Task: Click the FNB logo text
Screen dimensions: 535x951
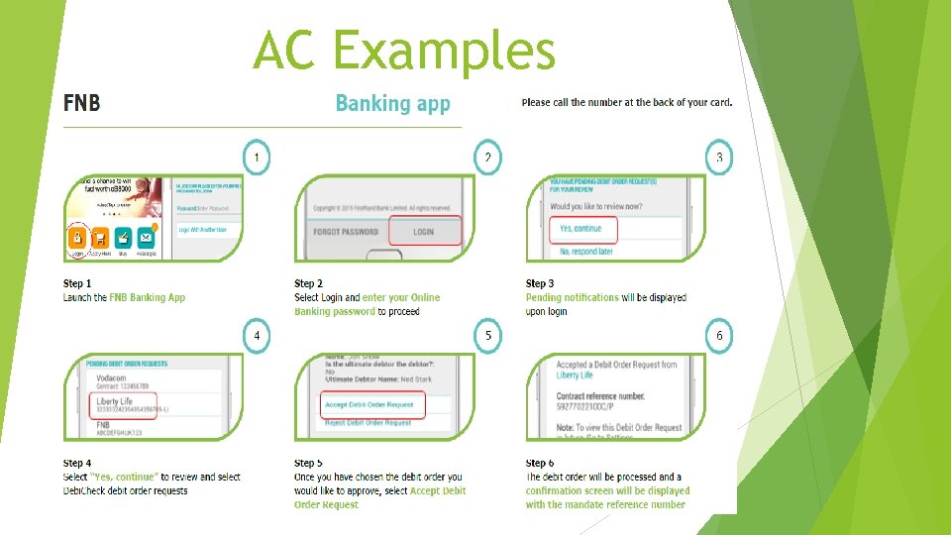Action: pyautogui.click(x=81, y=103)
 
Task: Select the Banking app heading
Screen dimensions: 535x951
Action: pyautogui.click(x=392, y=103)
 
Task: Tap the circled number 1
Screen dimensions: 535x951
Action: pyautogui.click(x=257, y=157)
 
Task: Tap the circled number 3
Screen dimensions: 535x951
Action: pyautogui.click(x=719, y=157)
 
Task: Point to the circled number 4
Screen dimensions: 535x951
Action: pyautogui.click(x=257, y=336)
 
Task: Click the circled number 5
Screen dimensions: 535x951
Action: pyautogui.click(x=487, y=336)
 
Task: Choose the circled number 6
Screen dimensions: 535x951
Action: pyautogui.click(x=719, y=336)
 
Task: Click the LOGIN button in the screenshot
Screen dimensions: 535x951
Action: pyautogui.click(x=424, y=232)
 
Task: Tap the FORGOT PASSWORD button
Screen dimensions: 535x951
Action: pyautogui.click(x=342, y=232)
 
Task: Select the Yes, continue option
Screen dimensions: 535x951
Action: pyautogui.click(x=581, y=229)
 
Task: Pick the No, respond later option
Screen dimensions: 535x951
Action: pyautogui.click(x=586, y=252)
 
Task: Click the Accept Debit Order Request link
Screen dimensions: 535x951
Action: pyautogui.click(x=370, y=404)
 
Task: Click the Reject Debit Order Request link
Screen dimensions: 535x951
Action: pyautogui.click(x=369, y=423)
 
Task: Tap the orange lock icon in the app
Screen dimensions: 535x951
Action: pyautogui.click(x=77, y=238)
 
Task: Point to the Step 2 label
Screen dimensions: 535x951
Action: pyautogui.click(x=309, y=284)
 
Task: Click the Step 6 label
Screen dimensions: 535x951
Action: pyautogui.click(x=540, y=464)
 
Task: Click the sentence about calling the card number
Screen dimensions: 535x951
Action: pyautogui.click(x=626, y=102)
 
